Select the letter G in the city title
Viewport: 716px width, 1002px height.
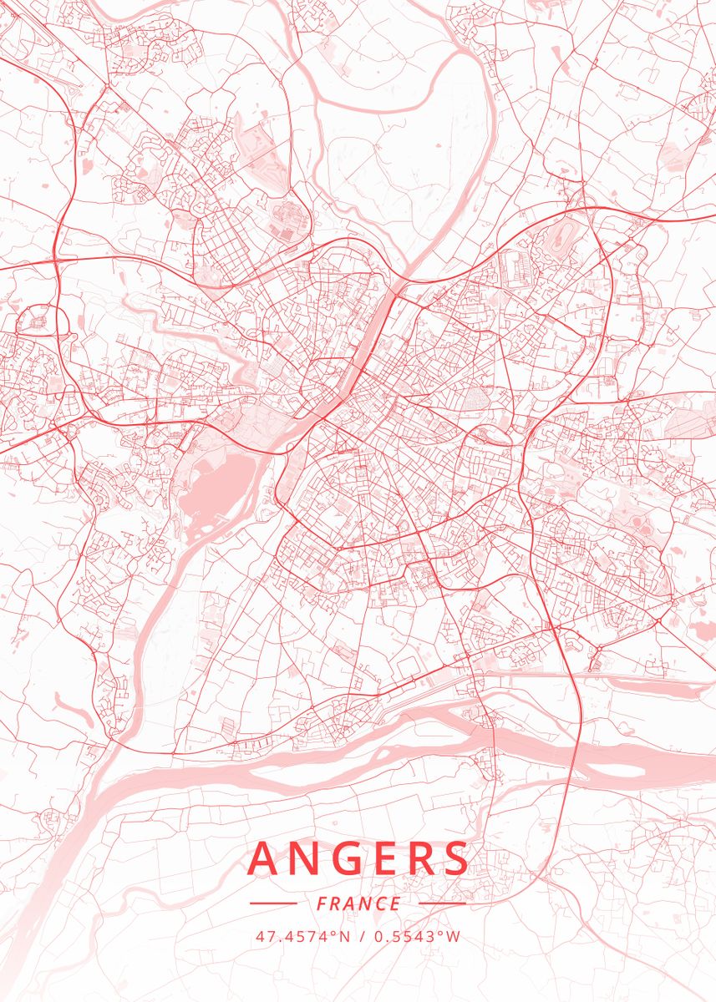[348, 859]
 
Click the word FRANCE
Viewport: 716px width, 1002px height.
[358, 903]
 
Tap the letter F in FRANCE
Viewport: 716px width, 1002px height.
[322, 903]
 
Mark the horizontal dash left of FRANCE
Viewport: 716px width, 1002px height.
[273, 903]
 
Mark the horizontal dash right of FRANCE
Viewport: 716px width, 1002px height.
[442, 903]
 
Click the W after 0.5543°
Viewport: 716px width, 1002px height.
[454, 936]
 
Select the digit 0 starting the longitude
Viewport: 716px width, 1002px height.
[378, 936]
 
